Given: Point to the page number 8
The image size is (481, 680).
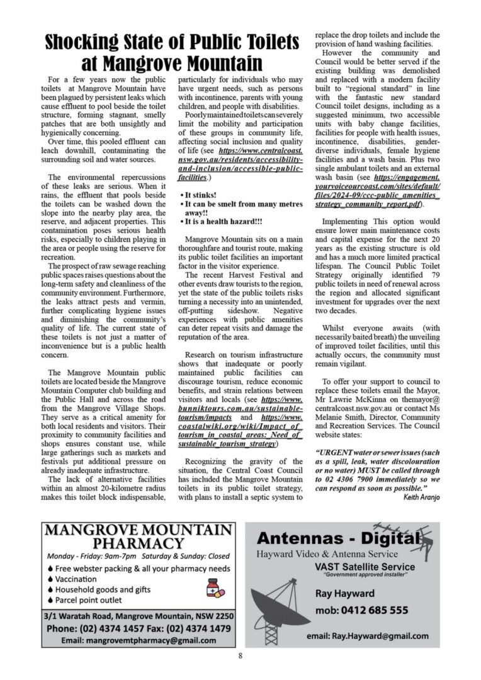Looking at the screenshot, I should (240, 657).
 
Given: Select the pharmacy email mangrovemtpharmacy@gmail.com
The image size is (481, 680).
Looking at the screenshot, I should (139, 640).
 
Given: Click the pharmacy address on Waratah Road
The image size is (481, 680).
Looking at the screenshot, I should (139, 615).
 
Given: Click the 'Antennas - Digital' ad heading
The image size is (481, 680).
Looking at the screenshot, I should (337, 540).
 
